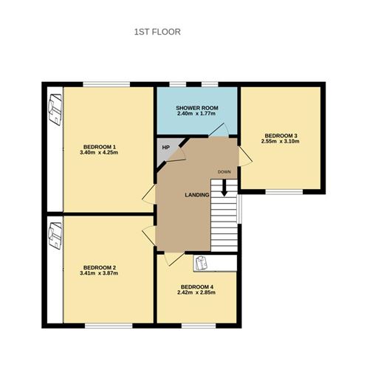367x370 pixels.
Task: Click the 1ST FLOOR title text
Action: pos(157,32)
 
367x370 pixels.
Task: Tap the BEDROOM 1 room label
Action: pos(100,146)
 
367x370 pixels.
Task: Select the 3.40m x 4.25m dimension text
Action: pos(100,154)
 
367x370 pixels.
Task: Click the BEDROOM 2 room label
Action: pos(100,267)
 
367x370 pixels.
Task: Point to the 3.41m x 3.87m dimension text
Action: pos(100,274)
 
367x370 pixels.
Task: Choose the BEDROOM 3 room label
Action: pos(281,135)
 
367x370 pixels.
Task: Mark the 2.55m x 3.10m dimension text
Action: pos(281,143)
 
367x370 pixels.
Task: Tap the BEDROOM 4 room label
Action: pos(197,287)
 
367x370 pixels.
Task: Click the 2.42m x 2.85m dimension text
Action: pos(197,294)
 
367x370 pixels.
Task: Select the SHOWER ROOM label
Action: pos(196,108)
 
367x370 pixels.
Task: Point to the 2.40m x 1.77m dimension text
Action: pos(196,114)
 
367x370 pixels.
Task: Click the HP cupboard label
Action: pos(165,147)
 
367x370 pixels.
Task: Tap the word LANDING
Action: pos(197,194)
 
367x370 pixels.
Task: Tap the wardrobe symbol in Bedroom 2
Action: pos(53,236)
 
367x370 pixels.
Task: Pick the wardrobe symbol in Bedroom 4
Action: pos(202,261)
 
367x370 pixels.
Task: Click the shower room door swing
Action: pos(217,130)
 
